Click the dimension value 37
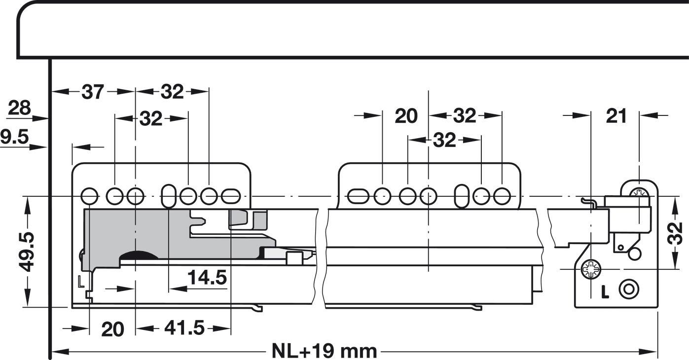coord(93,92)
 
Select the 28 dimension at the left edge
coord(20,108)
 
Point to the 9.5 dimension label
coord(15,137)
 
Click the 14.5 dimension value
coord(207,278)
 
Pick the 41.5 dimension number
coord(184,328)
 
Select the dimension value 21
coord(616,116)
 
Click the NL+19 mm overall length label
coord(324,352)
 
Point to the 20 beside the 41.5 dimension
coord(112,329)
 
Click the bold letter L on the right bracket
coord(605,292)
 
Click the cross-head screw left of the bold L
coord(590,269)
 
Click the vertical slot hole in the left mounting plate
coord(168,196)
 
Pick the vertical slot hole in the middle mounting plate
coord(462,196)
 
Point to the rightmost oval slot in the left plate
coord(230,196)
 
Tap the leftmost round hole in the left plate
coord(89,196)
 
